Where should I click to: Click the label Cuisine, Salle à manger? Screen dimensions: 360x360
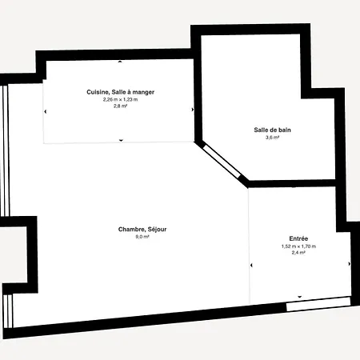[x=121, y=92]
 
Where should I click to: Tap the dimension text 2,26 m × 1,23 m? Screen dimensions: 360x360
[x=121, y=99]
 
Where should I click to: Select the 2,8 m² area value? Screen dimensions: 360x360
[x=121, y=106]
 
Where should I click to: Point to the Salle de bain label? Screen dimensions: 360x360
[x=272, y=130]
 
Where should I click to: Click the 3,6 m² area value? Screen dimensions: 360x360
[x=272, y=138]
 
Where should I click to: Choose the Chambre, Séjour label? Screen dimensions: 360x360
[x=142, y=230]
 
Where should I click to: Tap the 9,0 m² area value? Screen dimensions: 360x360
[x=142, y=237]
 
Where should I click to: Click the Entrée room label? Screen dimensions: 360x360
[x=298, y=238]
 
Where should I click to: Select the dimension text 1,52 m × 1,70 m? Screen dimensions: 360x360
[x=298, y=246]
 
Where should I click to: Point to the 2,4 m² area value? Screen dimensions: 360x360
[x=298, y=253]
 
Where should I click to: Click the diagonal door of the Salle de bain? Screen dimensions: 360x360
[x=222, y=161]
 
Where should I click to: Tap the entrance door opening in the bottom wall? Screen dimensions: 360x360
[x=318, y=304]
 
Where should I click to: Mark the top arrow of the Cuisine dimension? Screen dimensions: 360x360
[x=120, y=62]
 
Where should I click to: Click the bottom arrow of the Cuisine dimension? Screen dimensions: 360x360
[x=121, y=140]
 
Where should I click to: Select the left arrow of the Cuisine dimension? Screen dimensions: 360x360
[x=45, y=111]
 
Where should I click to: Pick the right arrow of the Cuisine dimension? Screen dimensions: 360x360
[x=193, y=110]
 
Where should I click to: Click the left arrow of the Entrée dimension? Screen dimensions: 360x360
[x=251, y=265]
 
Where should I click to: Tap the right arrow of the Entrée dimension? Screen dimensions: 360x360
[x=350, y=264]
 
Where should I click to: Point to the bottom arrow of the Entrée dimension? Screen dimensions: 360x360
[x=300, y=297]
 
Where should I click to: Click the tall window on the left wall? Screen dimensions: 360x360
[x=6, y=150]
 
